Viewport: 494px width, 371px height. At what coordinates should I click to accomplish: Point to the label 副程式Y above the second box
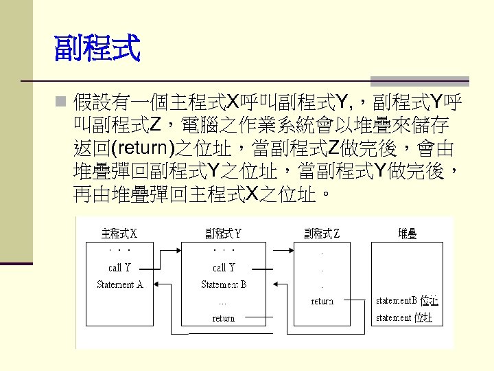tap(223, 234)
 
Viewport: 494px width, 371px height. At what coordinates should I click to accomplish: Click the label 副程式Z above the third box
tap(322, 234)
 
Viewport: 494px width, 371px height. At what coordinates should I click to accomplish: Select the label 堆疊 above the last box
tap(408, 234)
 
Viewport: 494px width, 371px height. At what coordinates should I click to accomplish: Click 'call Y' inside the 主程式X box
tap(119, 268)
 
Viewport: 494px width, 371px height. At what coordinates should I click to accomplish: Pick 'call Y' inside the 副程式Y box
tap(224, 268)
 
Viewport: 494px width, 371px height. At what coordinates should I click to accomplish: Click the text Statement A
tap(120, 284)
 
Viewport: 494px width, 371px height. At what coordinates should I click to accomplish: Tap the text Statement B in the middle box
tap(224, 284)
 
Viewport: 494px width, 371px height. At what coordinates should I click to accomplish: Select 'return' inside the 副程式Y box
tap(224, 318)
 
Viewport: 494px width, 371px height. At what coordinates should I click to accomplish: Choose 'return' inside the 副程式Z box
tap(322, 301)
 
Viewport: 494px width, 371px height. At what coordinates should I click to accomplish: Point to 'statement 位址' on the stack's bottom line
tap(404, 317)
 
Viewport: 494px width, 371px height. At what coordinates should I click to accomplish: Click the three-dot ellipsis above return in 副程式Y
tap(223, 302)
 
